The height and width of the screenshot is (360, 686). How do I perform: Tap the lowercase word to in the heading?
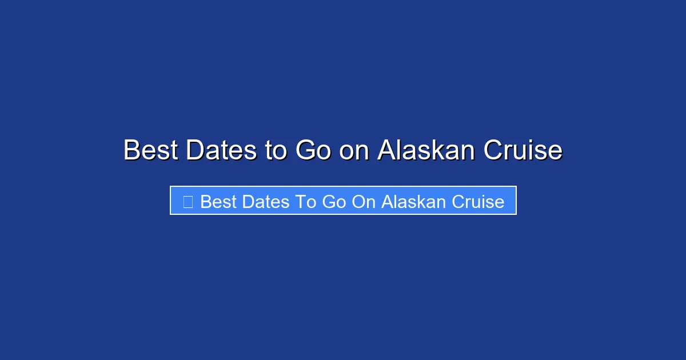(x=276, y=150)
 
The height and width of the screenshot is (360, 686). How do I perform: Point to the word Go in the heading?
(x=313, y=150)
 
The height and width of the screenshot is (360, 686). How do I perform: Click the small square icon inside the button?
(x=188, y=201)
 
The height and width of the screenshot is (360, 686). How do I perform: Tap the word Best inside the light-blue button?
(x=217, y=202)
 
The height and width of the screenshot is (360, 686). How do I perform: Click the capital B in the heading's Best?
(x=131, y=150)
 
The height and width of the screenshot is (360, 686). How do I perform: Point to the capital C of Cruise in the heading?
(x=493, y=150)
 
